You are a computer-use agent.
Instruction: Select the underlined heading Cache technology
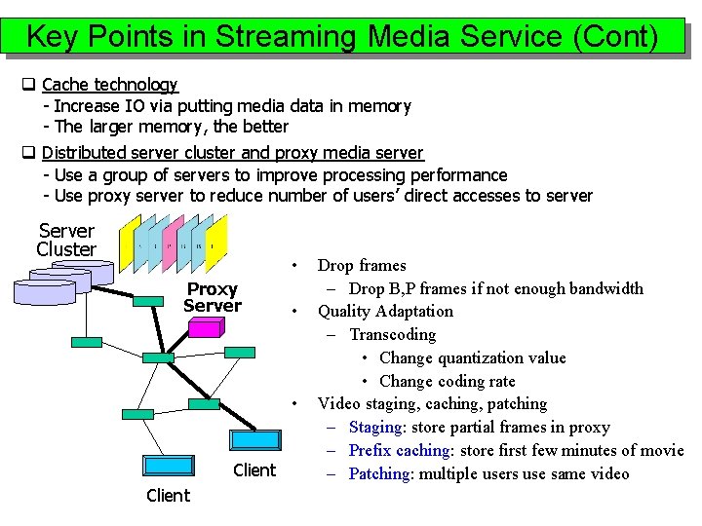point(109,85)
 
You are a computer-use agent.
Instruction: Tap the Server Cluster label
point(66,240)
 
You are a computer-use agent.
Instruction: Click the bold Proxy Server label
point(212,297)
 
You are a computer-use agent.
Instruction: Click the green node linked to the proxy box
point(239,353)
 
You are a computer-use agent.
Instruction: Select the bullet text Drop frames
point(362,265)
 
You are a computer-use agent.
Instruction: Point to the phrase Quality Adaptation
point(385,311)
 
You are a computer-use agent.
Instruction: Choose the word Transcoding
point(393,334)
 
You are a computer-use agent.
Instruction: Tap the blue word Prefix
point(370,450)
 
